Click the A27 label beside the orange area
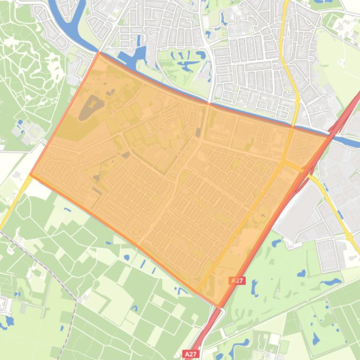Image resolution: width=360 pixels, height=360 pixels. tap(237, 281)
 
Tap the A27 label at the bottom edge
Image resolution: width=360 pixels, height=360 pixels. tap(190, 354)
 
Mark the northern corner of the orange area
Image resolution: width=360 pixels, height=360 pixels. tap(99, 52)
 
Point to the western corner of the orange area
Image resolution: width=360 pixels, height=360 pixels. tap(31, 174)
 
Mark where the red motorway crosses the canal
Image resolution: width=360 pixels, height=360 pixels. tap(333, 133)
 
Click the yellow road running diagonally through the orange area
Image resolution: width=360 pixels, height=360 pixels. tap(243, 224)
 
